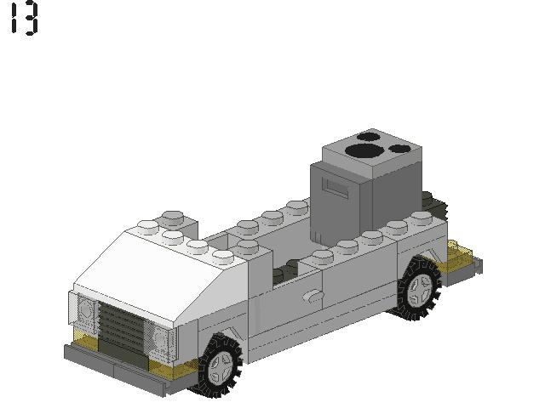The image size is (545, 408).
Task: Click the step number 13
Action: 24,18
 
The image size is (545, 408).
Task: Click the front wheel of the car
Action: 219,365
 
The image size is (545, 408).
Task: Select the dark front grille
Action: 120,328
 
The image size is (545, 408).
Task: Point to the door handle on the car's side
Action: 313,295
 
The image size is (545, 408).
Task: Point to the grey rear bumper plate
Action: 470,267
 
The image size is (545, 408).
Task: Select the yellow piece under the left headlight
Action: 83,341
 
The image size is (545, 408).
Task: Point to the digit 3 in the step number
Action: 32,18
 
